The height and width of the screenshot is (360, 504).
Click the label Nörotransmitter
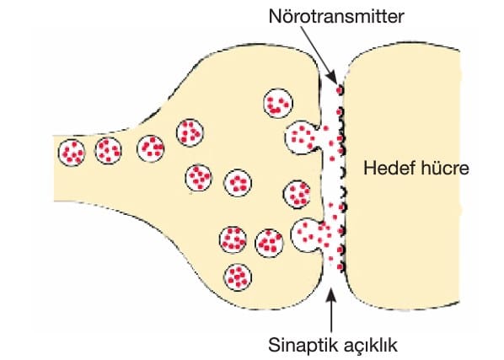pyautogui.click(x=336, y=16)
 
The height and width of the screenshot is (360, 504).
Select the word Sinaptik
pyautogui.click(x=303, y=346)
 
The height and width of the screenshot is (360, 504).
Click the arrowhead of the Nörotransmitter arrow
pyautogui.click(x=332, y=78)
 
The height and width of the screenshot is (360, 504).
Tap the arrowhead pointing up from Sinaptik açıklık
pyautogui.click(x=332, y=295)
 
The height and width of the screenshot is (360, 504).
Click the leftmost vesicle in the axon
pyautogui.click(x=72, y=153)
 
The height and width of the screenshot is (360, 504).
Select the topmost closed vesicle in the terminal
pyautogui.click(x=278, y=103)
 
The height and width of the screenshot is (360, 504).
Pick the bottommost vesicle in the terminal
pyautogui.click(x=238, y=277)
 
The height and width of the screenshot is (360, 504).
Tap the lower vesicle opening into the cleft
pyautogui.click(x=307, y=235)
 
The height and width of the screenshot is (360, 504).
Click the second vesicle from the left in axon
pyautogui.click(x=109, y=150)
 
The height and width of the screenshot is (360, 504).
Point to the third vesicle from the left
pyautogui.click(x=150, y=148)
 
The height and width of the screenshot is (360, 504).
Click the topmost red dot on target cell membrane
pyautogui.click(x=339, y=90)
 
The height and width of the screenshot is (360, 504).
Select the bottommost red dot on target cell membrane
pyautogui.click(x=340, y=266)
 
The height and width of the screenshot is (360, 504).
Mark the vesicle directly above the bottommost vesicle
pyautogui.click(x=233, y=239)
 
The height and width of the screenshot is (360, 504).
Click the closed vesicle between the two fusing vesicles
pyautogui.click(x=298, y=194)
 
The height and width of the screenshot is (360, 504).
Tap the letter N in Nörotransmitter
pyautogui.click(x=275, y=16)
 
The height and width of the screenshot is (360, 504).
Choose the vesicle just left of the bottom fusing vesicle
pyautogui.click(x=270, y=243)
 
